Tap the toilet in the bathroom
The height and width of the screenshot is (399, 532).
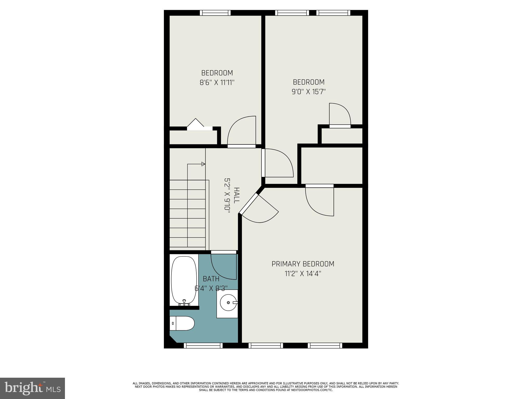tap(183, 323)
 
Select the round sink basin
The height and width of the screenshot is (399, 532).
tap(228, 303)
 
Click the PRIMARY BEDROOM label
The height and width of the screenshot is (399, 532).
tap(303, 264)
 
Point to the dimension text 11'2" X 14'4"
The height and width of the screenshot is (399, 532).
tap(303, 274)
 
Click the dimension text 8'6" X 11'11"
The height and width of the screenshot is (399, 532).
tap(217, 83)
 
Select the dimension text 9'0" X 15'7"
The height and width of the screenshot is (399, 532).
tap(309, 92)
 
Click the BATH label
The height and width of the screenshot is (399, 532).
tap(211, 279)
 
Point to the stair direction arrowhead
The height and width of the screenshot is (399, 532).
tap(203, 164)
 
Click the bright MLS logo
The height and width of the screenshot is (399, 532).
tap(32, 388)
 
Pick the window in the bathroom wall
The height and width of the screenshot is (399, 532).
tap(203, 345)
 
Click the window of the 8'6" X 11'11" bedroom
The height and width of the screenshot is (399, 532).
tap(215, 13)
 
